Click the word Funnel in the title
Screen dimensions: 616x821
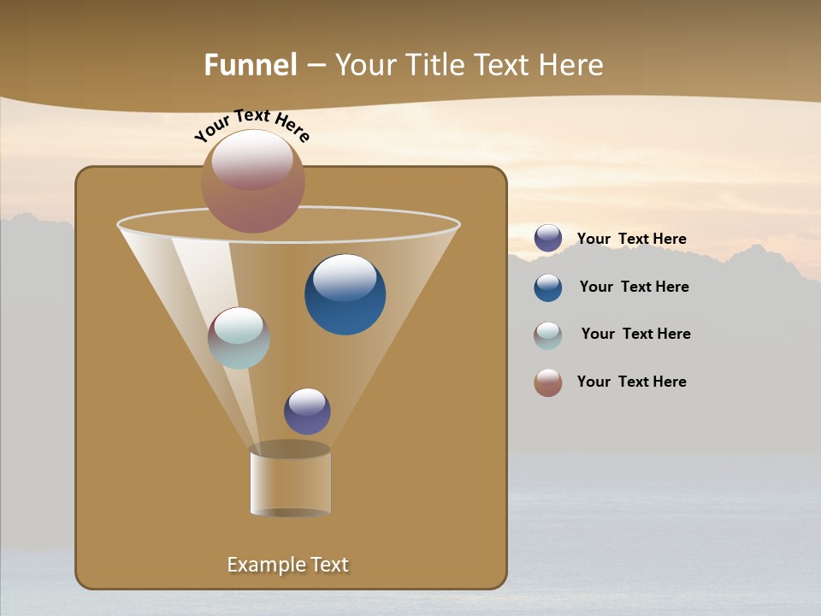point(250,65)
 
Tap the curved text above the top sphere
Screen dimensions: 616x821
point(251,125)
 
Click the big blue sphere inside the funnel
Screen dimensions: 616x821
point(346,295)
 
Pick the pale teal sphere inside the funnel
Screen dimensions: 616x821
point(239,338)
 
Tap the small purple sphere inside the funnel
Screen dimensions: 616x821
point(307,412)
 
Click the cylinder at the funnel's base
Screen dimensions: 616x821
point(291,481)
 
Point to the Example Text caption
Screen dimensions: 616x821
point(288,565)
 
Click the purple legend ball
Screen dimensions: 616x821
point(548,238)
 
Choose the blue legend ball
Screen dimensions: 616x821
point(548,287)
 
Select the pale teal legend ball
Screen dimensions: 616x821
point(548,335)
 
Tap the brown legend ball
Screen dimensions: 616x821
point(548,382)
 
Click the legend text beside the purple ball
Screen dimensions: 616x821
point(632,239)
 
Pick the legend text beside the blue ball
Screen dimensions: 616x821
point(634,287)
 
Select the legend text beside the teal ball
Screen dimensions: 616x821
point(635,334)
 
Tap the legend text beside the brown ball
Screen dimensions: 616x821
point(632,382)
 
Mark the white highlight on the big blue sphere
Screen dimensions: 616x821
point(346,277)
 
